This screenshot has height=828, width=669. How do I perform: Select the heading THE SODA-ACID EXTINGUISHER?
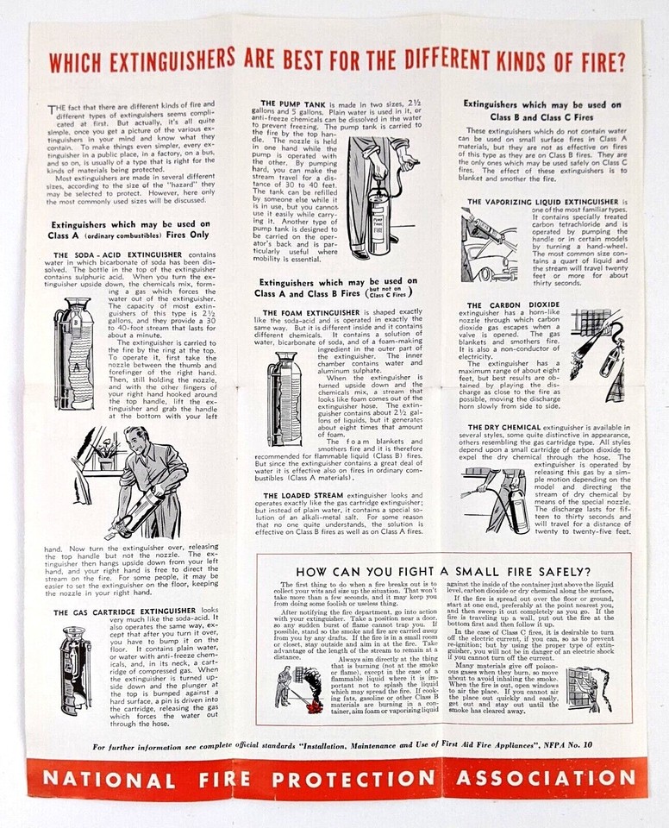tap(117, 255)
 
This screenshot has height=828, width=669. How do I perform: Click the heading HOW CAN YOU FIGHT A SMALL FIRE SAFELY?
tap(442, 572)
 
